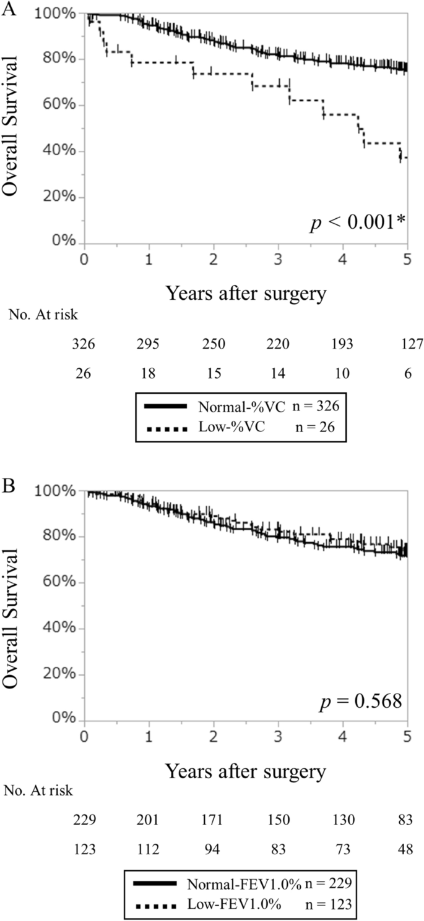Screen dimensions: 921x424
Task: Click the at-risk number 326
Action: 84,343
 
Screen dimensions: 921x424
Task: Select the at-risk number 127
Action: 409,343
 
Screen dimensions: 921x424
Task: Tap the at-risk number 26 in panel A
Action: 84,374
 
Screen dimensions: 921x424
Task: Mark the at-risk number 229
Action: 84,820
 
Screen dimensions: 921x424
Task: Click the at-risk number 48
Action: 409,850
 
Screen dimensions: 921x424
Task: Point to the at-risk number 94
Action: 214,850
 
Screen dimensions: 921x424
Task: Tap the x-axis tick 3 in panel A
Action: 279,259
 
